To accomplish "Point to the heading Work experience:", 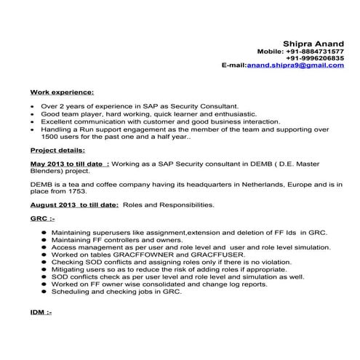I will coord(62,92).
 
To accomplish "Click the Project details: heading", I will coord(57,149).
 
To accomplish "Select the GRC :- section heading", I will coord(43,217).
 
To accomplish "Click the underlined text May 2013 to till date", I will coord(68,164).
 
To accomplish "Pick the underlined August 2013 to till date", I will coord(73,204).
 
